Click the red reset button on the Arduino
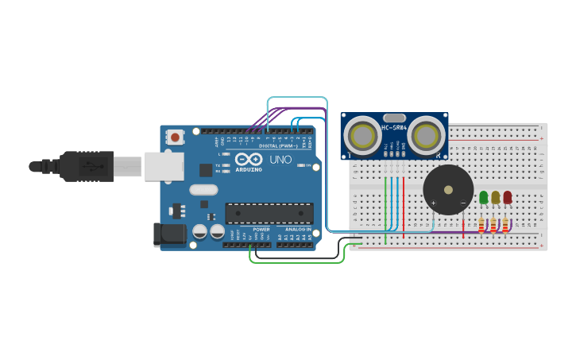(x=175, y=137)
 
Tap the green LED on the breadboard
(x=483, y=196)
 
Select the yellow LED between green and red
(x=495, y=196)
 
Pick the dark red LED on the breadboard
(x=508, y=196)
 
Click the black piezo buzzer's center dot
(x=448, y=189)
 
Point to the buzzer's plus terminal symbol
(x=434, y=203)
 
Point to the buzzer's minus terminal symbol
(x=462, y=203)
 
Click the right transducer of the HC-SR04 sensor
(x=426, y=136)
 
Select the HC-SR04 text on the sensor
(x=394, y=127)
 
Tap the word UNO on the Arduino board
(x=281, y=160)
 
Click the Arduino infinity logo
(x=249, y=159)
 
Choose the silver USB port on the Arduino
(x=164, y=166)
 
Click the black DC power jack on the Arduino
(x=169, y=234)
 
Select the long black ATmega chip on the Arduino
(x=269, y=213)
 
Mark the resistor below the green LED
(x=482, y=226)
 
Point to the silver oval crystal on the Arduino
(x=203, y=190)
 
